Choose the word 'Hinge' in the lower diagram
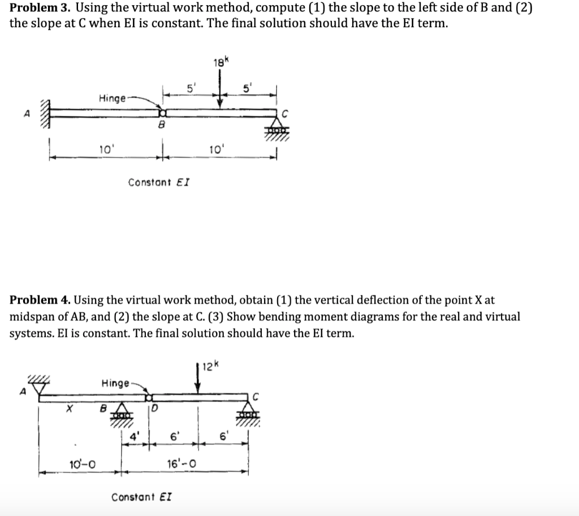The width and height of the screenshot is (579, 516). click(x=115, y=384)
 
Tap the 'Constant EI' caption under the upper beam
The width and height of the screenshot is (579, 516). click(x=159, y=182)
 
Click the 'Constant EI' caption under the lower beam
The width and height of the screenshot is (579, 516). click(x=142, y=497)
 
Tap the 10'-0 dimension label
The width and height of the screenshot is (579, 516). click(x=82, y=464)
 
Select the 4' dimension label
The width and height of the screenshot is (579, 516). click(x=134, y=436)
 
